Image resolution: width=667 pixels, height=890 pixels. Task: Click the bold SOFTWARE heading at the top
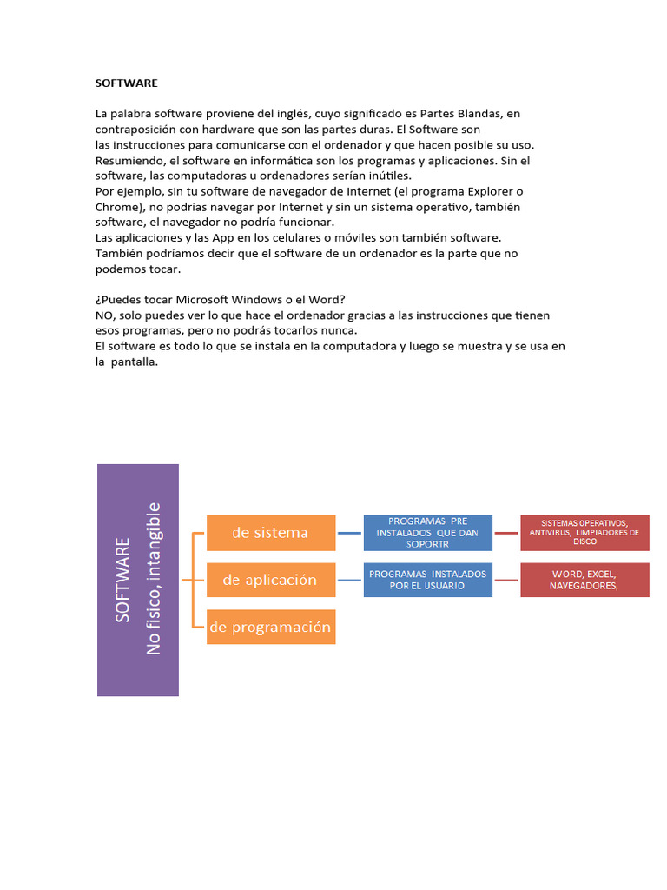[126, 83]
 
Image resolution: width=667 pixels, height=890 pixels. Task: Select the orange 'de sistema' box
[270, 533]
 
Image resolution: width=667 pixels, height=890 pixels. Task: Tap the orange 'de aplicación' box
[270, 580]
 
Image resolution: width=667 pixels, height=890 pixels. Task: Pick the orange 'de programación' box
[270, 627]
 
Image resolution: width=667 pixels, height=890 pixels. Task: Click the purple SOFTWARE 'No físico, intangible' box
[138, 580]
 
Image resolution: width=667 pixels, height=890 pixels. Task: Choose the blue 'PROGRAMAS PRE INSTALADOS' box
[427, 533]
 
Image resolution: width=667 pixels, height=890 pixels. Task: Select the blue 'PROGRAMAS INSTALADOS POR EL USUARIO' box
[427, 580]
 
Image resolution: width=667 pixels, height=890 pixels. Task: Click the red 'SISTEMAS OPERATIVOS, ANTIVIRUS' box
[584, 533]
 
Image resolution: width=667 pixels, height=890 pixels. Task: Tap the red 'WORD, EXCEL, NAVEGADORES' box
[584, 580]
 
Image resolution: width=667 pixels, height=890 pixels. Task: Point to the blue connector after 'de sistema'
[349, 533]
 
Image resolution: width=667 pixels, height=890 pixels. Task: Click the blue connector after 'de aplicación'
[349, 580]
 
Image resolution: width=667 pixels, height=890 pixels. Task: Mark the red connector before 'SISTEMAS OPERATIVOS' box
[506, 533]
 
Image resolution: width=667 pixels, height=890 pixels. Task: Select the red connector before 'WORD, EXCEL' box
[506, 580]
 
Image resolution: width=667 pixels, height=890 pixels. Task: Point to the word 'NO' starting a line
[104, 315]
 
